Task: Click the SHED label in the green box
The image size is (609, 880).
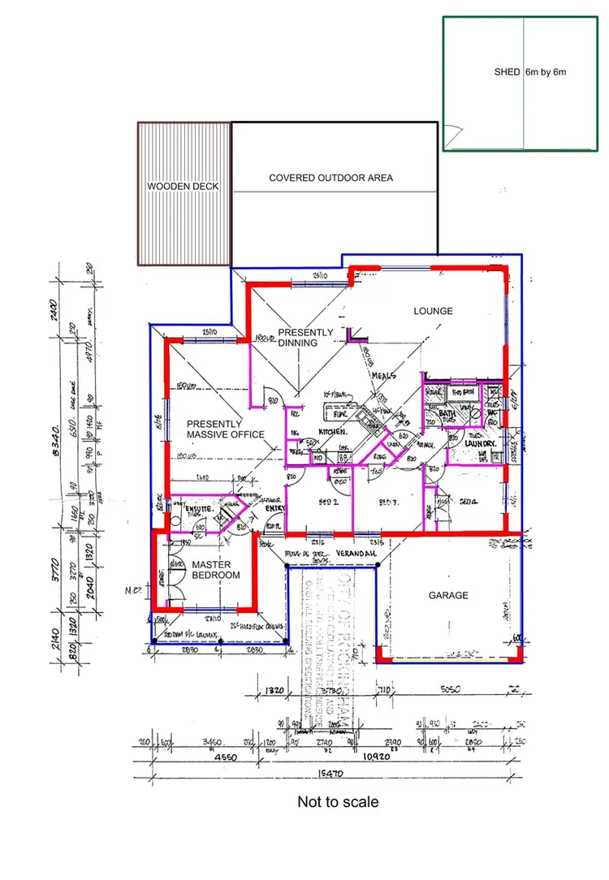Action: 507,72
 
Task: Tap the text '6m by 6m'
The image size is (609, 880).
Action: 546,72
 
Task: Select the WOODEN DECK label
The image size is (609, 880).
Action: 183,187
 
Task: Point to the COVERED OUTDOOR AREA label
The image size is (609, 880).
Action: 331,178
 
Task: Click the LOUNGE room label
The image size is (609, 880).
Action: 433,311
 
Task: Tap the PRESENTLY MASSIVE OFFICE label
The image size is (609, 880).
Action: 226,429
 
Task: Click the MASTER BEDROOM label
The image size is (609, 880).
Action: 216,570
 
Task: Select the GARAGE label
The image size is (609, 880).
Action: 448,595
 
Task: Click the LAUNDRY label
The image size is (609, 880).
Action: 480,444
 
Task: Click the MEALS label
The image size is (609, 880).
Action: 383,376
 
